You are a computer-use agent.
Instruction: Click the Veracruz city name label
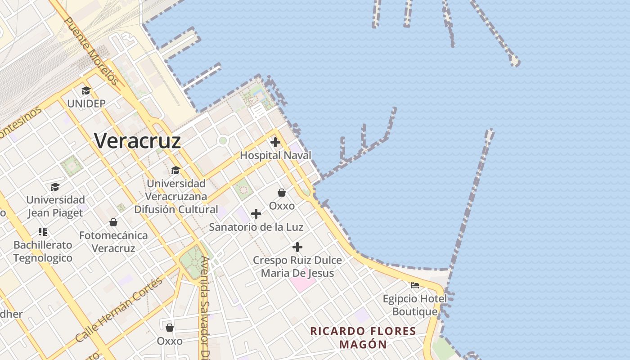[x=138, y=141]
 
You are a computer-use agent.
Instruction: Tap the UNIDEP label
[x=86, y=103]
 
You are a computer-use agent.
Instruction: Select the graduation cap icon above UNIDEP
[x=86, y=91]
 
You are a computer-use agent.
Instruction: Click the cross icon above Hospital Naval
[x=275, y=143]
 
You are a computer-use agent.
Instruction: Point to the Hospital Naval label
[x=275, y=155]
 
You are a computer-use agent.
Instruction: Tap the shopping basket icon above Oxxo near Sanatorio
[x=282, y=193]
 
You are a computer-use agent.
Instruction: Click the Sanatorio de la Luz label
[x=256, y=227]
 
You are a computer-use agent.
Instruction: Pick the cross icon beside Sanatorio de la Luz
[x=256, y=213]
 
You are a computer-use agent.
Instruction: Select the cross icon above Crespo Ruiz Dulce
[x=297, y=247]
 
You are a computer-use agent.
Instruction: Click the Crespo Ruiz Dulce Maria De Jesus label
[x=297, y=266]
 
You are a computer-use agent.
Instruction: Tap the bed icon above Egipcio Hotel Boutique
[x=415, y=285]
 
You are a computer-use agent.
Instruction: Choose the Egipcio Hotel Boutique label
[x=415, y=305]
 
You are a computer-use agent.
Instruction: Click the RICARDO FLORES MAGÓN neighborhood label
[x=363, y=338]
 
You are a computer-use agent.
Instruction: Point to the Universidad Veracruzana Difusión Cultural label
[x=176, y=196]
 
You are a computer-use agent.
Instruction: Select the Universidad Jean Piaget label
[x=55, y=206]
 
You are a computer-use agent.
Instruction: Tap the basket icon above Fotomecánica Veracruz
[x=113, y=222]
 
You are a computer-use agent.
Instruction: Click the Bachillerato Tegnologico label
[x=43, y=252]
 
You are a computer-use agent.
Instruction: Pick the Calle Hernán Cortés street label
[x=119, y=309]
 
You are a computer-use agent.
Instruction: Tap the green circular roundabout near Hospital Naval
[x=222, y=141]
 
